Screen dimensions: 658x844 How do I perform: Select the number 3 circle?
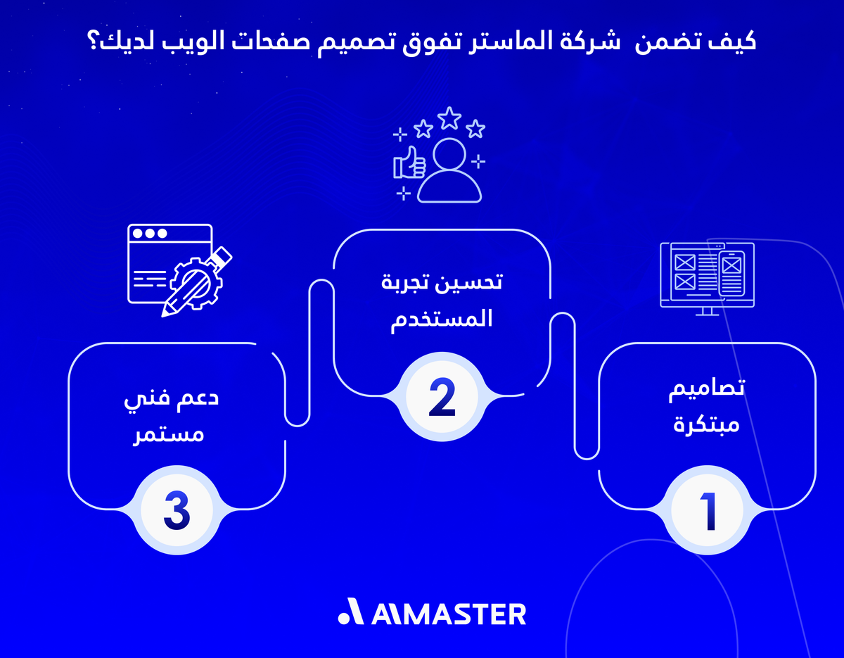click(x=177, y=512)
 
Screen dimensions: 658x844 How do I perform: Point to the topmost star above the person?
click(x=448, y=118)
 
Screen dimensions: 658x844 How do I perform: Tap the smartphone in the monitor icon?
click(x=731, y=270)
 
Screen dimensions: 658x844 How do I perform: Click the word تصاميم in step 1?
click(x=707, y=391)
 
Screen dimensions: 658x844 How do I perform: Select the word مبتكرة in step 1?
click(x=706, y=425)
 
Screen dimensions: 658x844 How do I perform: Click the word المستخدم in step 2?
click(x=441, y=318)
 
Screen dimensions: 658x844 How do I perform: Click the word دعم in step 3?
click(x=200, y=398)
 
